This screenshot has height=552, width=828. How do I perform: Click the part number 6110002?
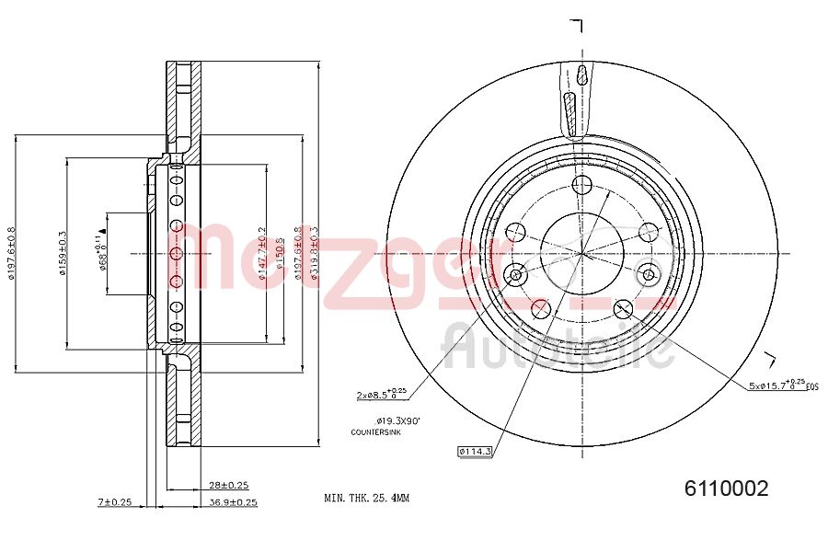pos(726,489)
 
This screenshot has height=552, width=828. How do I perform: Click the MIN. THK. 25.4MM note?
pos(366,498)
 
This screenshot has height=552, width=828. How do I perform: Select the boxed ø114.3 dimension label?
pos(476,451)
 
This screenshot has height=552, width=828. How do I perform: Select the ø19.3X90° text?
pos(397,420)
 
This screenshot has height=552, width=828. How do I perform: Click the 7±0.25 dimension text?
pos(116,502)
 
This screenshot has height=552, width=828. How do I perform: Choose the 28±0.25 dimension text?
pos(229,485)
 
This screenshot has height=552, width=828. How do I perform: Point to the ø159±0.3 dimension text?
pos(63,255)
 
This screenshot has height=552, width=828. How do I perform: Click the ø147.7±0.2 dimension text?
pos(262,256)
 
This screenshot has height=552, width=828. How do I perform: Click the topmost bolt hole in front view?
pos(581,187)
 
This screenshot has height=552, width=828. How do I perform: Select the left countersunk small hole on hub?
pos(516,274)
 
